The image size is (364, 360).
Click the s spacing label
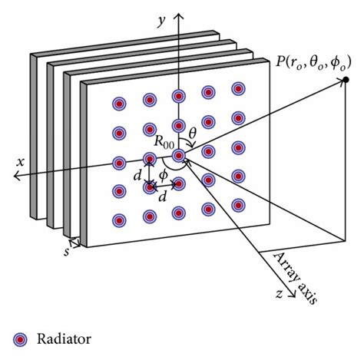(x=66, y=252)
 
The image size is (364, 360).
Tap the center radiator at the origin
(x=178, y=156)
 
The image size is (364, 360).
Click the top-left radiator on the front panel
(x=119, y=103)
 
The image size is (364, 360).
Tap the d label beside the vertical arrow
(x=137, y=176)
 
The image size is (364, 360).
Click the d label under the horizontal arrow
(x=163, y=198)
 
